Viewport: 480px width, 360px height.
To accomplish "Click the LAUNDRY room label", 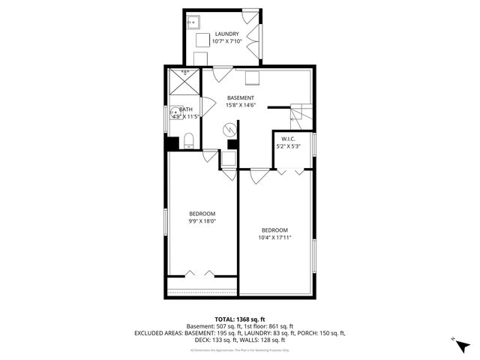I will click(226, 34).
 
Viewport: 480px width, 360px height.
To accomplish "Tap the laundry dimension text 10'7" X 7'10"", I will click(226, 42).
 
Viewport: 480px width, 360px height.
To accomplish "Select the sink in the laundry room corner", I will click(192, 21).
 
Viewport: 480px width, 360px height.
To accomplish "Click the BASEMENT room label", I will click(241, 97).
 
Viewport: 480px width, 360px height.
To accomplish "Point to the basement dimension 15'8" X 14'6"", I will click(241, 105).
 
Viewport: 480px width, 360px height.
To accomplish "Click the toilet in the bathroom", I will click(189, 140).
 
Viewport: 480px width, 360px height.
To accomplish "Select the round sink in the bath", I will click(174, 116).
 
